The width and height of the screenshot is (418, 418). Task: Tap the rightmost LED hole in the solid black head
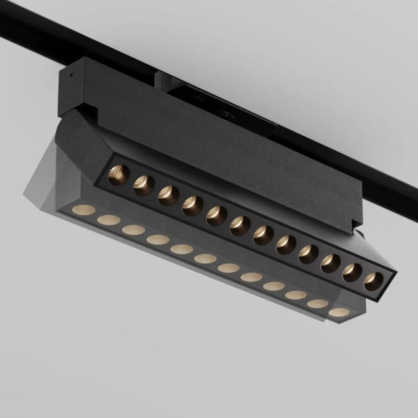coord(373,280)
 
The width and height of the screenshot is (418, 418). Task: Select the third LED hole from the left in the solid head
coord(168,194)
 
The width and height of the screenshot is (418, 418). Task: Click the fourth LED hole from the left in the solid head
coord(192,205)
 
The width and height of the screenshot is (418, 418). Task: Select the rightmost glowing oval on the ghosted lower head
coord(339,312)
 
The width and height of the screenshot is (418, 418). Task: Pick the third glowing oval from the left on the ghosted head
coord(133,229)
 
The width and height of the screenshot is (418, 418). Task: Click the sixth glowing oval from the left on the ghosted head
coord(205,258)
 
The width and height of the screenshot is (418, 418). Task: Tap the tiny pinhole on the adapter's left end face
coord(69,72)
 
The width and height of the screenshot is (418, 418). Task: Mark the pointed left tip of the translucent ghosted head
coord(31,187)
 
